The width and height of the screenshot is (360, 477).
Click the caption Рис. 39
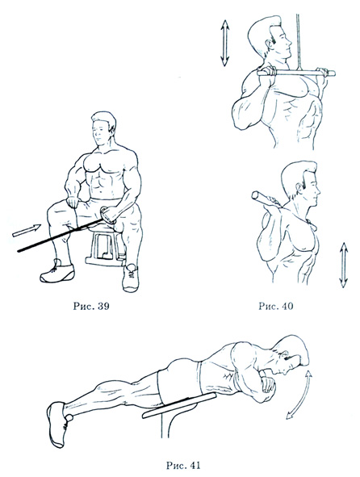pyautogui.click(x=91, y=306)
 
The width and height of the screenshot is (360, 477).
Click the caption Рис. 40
pyautogui.click(x=276, y=306)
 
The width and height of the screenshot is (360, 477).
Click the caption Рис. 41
pyautogui.click(x=183, y=465)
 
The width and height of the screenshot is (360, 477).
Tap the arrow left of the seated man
pyautogui.click(x=27, y=230)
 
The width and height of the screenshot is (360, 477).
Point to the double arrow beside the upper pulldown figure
pyautogui.click(x=225, y=43)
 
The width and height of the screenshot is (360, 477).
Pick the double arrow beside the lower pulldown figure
pyautogui.click(x=344, y=265)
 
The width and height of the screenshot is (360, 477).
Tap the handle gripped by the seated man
pyautogui.click(x=107, y=215)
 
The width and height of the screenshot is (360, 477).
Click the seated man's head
pyautogui.click(x=104, y=128)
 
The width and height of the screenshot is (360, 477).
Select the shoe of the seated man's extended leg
pyautogui.click(x=57, y=271)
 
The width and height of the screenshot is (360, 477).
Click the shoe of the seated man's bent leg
pyautogui.click(x=131, y=278)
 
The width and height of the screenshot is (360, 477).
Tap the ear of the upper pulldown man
pyautogui.click(x=270, y=45)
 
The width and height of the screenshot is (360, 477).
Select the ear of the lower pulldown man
pyautogui.click(x=299, y=189)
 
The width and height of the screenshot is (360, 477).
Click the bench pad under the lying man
pyautogui.click(x=179, y=405)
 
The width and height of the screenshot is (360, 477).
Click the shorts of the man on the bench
pyautogui.click(x=178, y=379)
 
